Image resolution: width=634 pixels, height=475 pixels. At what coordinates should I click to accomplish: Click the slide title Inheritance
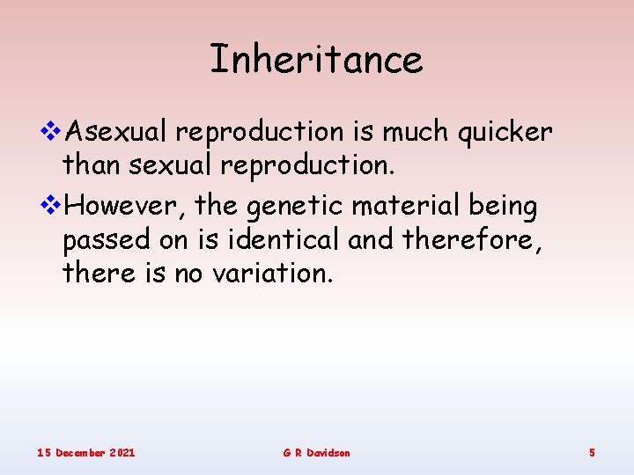tap(316, 60)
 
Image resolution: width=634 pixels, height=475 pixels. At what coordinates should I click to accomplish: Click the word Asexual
tap(118, 132)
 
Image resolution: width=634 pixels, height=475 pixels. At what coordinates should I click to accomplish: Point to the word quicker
tap(505, 132)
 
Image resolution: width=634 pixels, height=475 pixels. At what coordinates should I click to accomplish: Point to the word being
tap(504, 206)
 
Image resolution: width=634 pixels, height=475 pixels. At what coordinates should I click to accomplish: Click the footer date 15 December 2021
tap(85, 452)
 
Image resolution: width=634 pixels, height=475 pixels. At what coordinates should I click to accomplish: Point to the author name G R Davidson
tap(316, 452)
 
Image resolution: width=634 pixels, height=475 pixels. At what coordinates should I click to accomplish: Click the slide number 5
tap(592, 452)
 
